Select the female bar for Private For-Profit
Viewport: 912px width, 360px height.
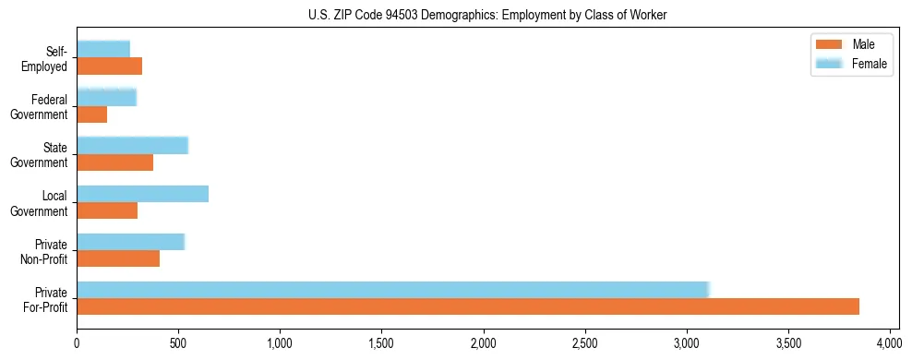(x=392, y=290)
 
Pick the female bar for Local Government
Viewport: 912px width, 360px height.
(x=142, y=194)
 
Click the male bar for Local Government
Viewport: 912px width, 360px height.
(x=107, y=210)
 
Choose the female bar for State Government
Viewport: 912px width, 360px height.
(x=132, y=146)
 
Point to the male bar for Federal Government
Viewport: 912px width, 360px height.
(x=91, y=114)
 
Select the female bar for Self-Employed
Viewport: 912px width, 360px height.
(x=103, y=49)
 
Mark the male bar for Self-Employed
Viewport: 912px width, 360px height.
(x=109, y=66)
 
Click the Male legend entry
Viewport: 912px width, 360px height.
(x=849, y=44)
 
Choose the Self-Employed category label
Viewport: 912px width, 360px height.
(x=45, y=59)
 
